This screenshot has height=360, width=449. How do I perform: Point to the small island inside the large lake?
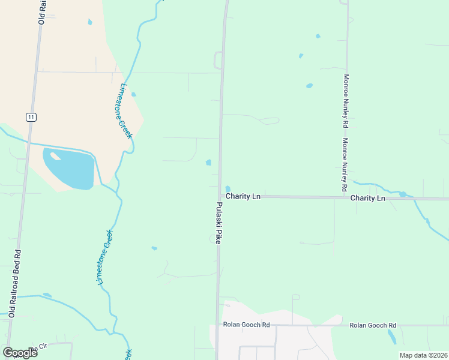pos(56,157)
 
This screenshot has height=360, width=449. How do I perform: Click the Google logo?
pos(20,352)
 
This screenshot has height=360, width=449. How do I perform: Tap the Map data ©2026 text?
pos(423,355)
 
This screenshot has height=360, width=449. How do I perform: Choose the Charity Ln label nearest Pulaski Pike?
pos(243,196)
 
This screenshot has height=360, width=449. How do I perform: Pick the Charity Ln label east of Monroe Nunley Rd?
pos(367,197)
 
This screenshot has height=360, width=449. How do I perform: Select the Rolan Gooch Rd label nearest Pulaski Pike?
pos(246,325)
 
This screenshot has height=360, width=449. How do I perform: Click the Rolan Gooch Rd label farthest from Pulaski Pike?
pos(373,325)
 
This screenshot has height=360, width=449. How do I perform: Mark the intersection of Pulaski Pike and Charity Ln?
pos(219,196)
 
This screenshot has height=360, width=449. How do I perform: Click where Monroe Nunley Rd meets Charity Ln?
pos(347,197)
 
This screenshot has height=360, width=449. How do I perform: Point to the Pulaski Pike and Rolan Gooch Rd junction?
pos(217,325)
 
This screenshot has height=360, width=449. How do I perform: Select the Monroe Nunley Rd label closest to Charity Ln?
pos(346,165)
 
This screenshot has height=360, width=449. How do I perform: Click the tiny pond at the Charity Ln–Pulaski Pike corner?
pos(228,190)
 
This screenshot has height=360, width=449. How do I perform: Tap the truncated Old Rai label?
pos(42,12)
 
